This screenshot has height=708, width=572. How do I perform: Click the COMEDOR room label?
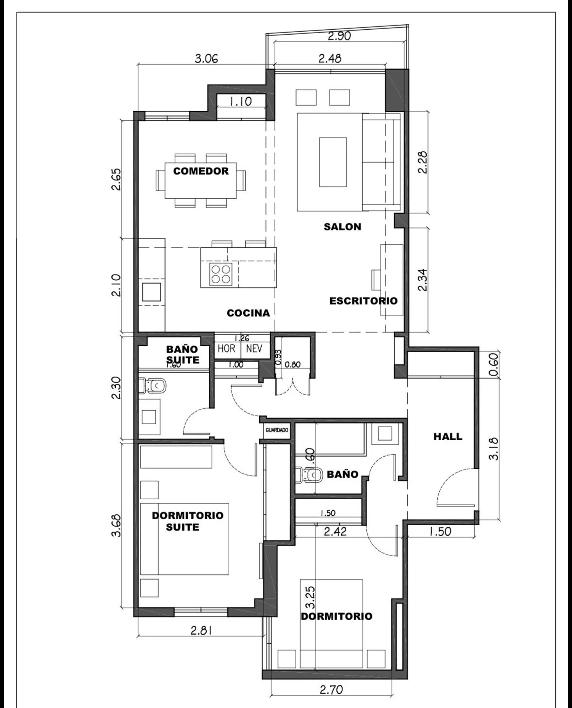201,171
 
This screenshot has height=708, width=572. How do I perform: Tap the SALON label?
342,227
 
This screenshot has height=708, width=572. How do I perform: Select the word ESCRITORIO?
363,301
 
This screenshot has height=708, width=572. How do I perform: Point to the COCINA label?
248,313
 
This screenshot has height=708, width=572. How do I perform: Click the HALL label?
448,436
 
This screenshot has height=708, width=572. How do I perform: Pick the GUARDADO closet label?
277,430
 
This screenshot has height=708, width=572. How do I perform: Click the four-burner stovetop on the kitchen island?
221,274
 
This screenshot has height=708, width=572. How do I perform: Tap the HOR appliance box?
227,348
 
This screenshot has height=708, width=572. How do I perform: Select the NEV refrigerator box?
254,348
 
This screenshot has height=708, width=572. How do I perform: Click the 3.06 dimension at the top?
206,59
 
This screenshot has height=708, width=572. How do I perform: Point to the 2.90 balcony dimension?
339,36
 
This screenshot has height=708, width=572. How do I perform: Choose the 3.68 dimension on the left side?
116,526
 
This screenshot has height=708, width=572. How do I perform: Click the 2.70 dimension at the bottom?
331,690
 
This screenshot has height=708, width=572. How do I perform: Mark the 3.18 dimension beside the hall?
493,448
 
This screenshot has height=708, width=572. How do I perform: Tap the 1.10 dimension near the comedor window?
240,101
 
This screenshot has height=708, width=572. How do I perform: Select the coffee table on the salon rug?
333,162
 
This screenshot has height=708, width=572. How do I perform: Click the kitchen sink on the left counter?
151,292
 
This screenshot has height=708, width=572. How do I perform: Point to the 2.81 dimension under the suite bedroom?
201,631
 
